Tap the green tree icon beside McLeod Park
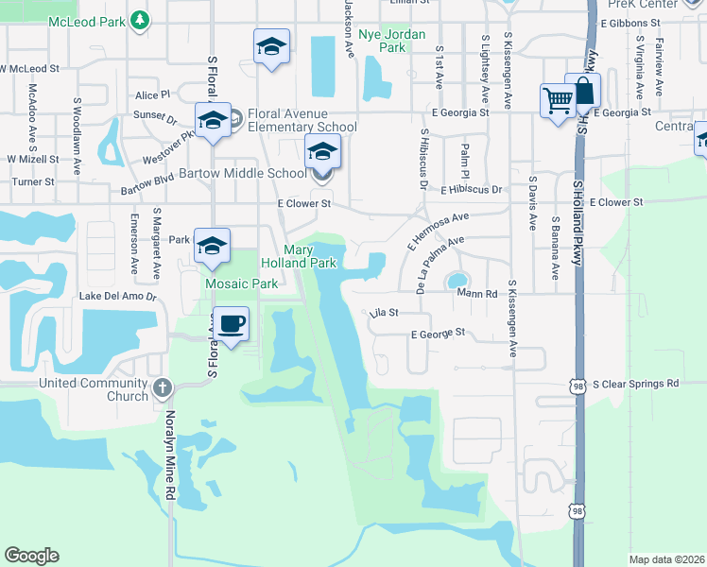[x=140, y=20]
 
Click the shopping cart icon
[x=558, y=99]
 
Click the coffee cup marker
[x=232, y=324]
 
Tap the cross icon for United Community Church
[x=163, y=386]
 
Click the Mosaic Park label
[x=242, y=283]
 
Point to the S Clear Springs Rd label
[x=635, y=384]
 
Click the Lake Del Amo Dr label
[x=118, y=296]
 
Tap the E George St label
[x=438, y=333]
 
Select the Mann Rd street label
[x=477, y=294]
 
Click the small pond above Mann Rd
[x=457, y=281]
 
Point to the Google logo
[x=32, y=556]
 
